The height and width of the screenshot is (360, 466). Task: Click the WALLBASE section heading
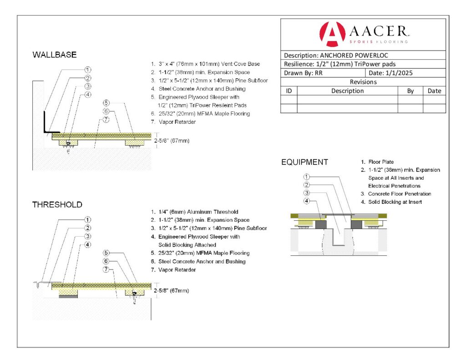[54, 55]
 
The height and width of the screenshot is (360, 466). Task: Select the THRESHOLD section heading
[57, 205]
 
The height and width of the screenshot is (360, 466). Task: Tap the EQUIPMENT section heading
[304, 162]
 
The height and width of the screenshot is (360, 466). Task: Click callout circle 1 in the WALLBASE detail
[88, 70]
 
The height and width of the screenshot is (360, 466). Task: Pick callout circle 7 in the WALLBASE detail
[106, 119]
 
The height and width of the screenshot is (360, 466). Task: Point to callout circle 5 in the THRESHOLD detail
[106, 253]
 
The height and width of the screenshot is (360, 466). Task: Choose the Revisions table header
[363, 82]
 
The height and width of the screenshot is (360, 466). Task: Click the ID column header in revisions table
[289, 91]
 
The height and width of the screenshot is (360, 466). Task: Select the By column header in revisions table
[410, 91]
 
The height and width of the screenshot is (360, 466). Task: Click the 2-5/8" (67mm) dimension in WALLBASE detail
[171, 141]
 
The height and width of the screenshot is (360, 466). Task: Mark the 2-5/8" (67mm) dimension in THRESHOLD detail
[171, 290]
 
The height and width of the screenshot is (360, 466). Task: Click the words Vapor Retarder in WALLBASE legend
[177, 122]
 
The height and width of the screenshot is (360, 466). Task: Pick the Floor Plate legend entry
[378, 162]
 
